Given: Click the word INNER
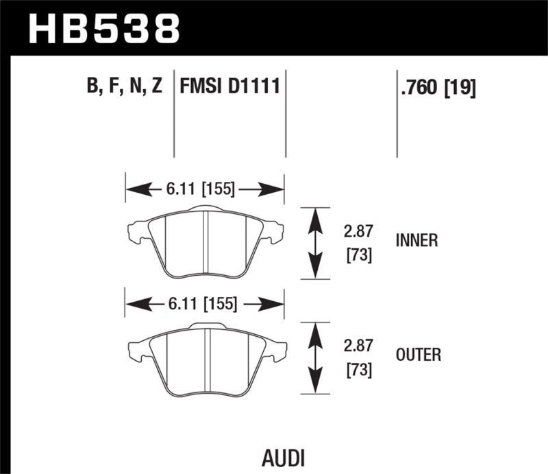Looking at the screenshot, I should tap(416, 241).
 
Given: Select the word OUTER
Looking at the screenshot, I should tap(418, 355).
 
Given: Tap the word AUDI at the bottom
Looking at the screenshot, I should tap(283, 458).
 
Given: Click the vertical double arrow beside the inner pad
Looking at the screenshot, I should tap(314, 243).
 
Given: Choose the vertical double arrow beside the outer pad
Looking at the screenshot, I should tap(314, 357).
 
